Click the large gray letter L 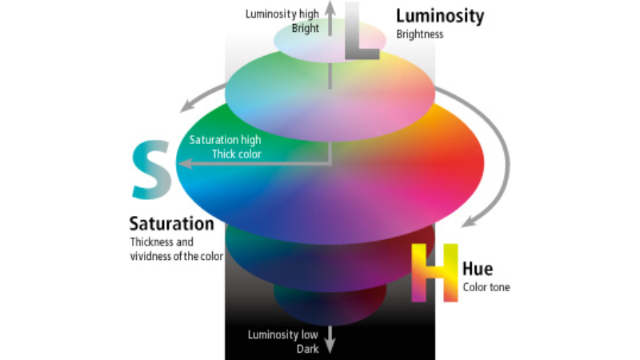pos(361,32)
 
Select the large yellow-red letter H pos(434,273)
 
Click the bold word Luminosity pos(440,16)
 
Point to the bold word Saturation pos(171,224)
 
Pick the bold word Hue pos(478,270)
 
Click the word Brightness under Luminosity pos(419,34)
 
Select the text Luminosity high pos(282,14)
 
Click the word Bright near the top pos(306,28)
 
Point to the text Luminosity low pos(283,335)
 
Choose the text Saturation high pos(225,139)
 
